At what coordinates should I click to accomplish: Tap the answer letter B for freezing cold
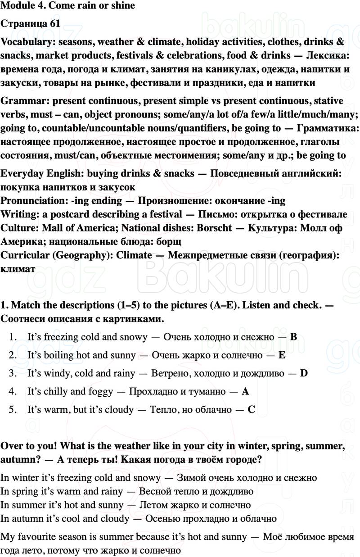click(x=293, y=337)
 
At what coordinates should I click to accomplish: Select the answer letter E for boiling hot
click(x=282, y=355)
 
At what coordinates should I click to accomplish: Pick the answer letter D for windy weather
click(x=303, y=373)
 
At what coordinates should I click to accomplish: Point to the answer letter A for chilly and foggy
click(x=245, y=391)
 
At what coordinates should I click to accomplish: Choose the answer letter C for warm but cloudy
click(x=252, y=410)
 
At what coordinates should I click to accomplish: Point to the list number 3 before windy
click(x=13, y=373)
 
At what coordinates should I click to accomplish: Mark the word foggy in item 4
click(x=109, y=391)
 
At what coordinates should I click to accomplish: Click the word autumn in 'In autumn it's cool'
click(x=24, y=519)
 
